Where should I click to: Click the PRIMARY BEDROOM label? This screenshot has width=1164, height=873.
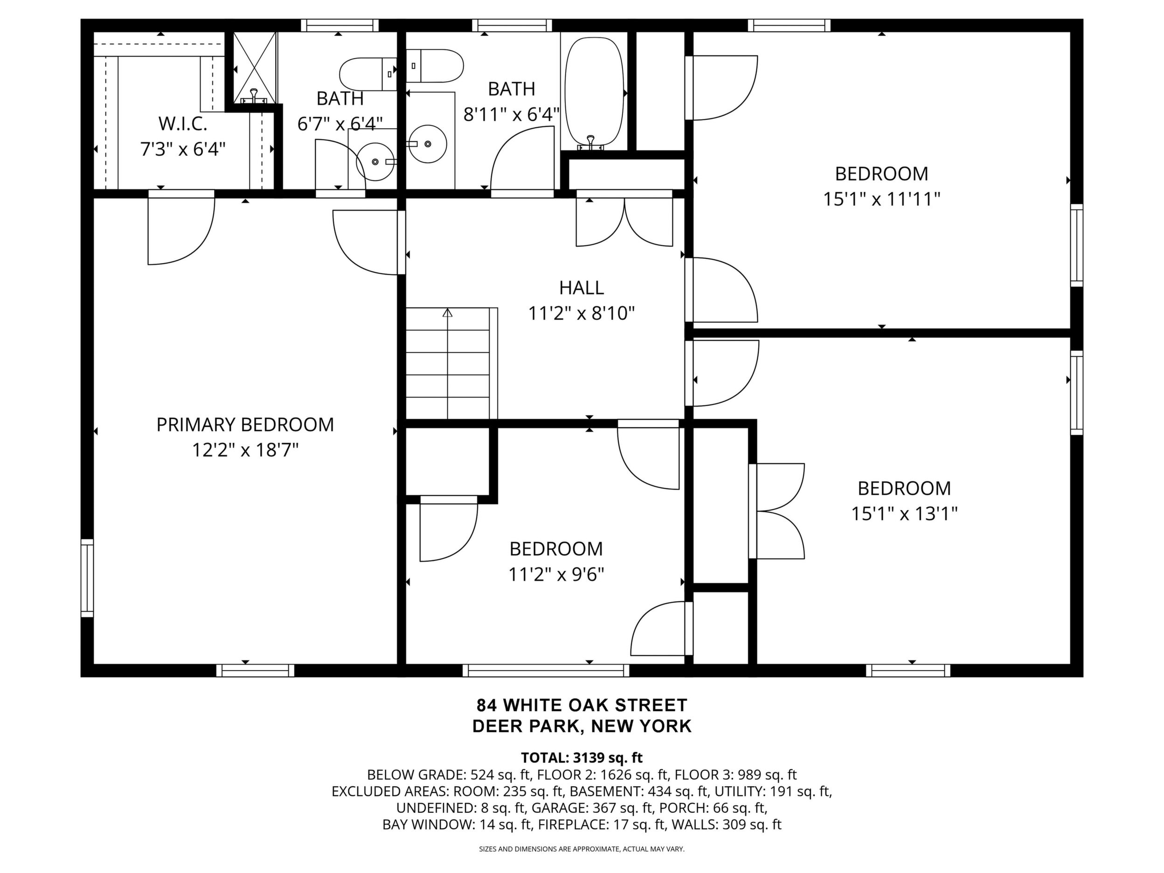[x=245, y=425]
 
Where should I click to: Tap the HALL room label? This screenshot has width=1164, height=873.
[x=581, y=288]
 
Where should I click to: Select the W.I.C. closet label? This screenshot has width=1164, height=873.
[x=183, y=124]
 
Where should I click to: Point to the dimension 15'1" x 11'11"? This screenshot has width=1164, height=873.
[x=881, y=200]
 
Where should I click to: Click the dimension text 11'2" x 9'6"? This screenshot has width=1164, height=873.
[x=556, y=574]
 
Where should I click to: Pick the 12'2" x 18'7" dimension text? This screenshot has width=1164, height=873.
[x=245, y=450]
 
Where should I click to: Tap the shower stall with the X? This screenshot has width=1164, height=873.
[x=255, y=67]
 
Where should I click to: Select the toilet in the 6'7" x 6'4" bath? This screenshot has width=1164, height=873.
[x=368, y=74]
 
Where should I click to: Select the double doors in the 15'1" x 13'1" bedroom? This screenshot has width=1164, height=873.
[x=777, y=511]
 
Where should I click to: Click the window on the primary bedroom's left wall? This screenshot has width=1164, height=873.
[x=87, y=577]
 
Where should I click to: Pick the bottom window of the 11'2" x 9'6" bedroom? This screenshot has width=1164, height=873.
[x=546, y=671]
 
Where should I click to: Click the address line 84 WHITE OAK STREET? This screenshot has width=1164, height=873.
[x=582, y=705]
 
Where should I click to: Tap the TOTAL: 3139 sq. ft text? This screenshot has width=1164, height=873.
[x=582, y=758]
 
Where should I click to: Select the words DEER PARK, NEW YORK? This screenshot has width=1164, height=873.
[x=582, y=726]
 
